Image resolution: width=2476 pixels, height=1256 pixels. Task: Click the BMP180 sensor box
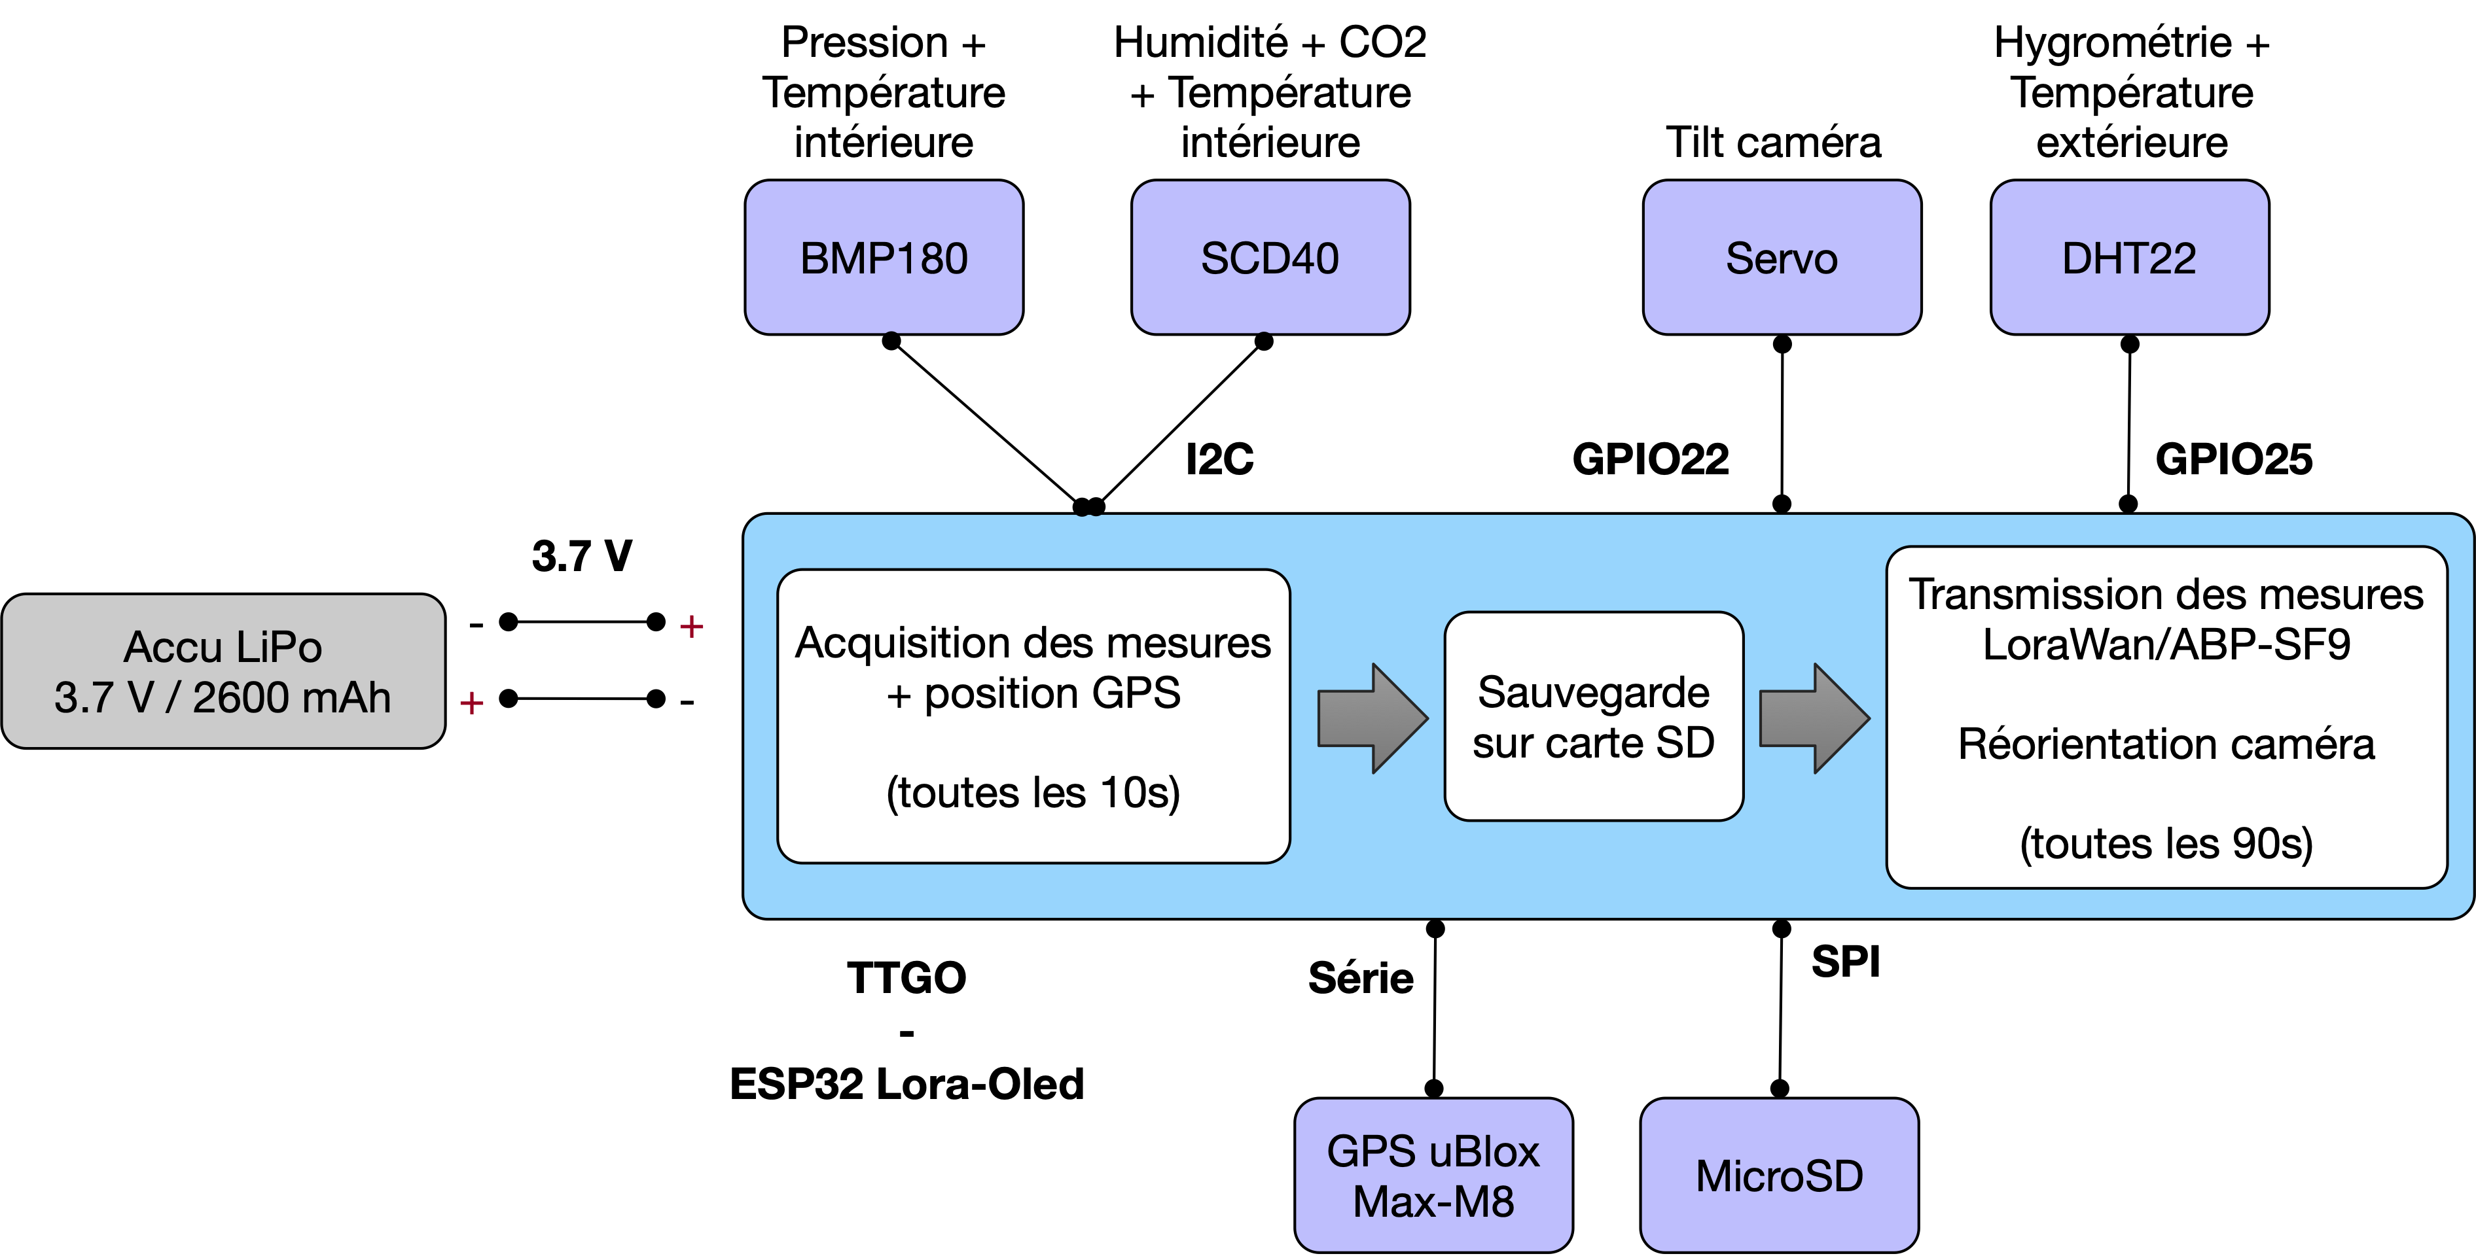coord(884,258)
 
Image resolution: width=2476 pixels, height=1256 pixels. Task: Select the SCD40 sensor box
coord(1270,258)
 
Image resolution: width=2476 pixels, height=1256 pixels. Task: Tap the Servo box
coord(1782,258)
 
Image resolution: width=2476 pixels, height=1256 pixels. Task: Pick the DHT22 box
coord(2129,258)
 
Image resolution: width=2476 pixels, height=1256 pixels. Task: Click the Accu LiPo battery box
coord(223,671)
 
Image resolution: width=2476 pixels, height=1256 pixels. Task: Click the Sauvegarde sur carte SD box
coord(1594,716)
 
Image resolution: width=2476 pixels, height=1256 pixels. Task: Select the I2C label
coord(1220,459)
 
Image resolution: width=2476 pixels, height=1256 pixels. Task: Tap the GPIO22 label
coord(1651,459)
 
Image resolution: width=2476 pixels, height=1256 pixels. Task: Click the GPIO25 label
coord(2234,459)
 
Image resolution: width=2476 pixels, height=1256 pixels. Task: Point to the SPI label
coord(1846,962)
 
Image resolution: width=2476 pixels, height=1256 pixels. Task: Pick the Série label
coord(1361,978)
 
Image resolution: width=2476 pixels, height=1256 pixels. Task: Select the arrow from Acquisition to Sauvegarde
coord(1373,718)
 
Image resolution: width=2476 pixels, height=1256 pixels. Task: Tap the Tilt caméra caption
coord(1773,142)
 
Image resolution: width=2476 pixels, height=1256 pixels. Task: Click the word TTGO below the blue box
coord(906,978)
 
